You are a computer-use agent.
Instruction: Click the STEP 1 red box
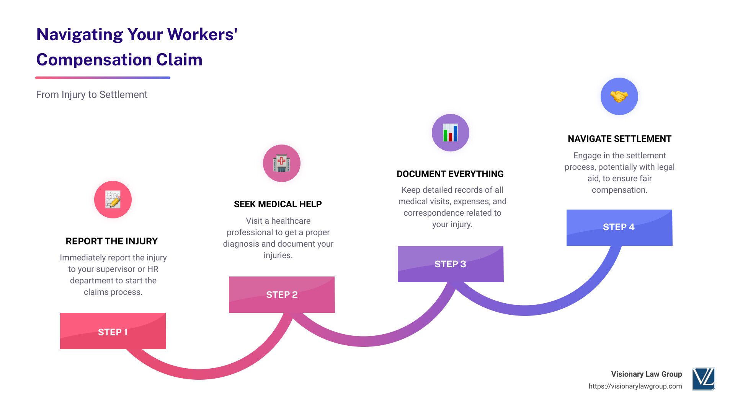(x=113, y=331)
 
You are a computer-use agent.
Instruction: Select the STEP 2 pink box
(x=282, y=294)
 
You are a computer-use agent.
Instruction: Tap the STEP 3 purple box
(x=451, y=264)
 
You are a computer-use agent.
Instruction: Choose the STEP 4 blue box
(x=619, y=227)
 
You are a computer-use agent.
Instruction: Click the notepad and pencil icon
(x=113, y=200)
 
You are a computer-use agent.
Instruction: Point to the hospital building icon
(x=282, y=163)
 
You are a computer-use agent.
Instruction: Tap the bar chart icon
(x=450, y=133)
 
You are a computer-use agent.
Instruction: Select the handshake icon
(x=619, y=96)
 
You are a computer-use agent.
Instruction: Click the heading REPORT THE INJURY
(x=112, y=241)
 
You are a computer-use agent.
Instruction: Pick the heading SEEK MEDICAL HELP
(x=278, y=204)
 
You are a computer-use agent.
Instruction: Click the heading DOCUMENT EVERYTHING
(x=450, y=174)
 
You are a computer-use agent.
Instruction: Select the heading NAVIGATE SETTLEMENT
(x=619, y=139)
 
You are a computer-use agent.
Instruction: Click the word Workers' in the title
(x=203, y=34)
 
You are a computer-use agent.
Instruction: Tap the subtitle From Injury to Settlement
(x=91, y=94)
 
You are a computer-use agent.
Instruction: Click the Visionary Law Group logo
(x=703, y=379)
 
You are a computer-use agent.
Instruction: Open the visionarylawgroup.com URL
(x=635, y=386)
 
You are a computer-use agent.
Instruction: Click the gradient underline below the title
(x=103, y=78)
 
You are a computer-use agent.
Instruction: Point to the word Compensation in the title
(x=94, y=60)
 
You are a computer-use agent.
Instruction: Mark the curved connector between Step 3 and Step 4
(x=524, y=310)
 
